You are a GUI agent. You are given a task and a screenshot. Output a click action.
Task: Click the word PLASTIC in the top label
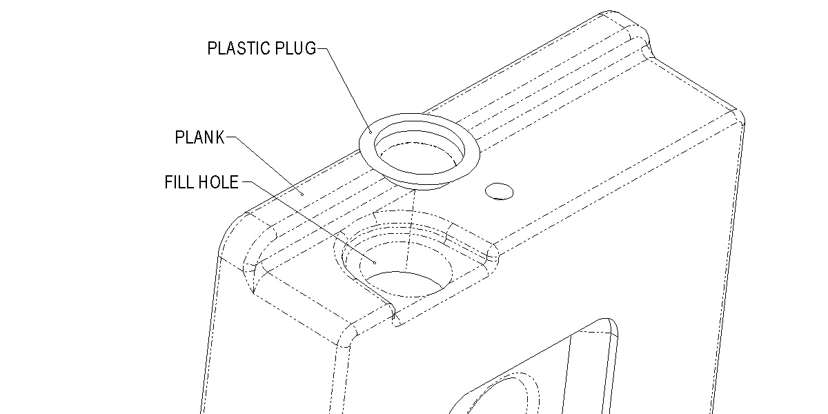point(235,49)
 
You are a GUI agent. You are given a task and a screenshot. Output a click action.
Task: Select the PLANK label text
point(200,137)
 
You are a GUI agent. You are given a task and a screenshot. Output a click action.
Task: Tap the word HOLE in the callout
point(219,183)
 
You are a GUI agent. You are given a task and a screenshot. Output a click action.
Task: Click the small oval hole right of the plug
point(499,191)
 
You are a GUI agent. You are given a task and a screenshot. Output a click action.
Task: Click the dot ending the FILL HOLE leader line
point(373,262)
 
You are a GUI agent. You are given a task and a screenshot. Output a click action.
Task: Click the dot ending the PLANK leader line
point(302,194)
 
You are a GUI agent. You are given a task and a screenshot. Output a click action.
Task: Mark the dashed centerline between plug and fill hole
point(412,221)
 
